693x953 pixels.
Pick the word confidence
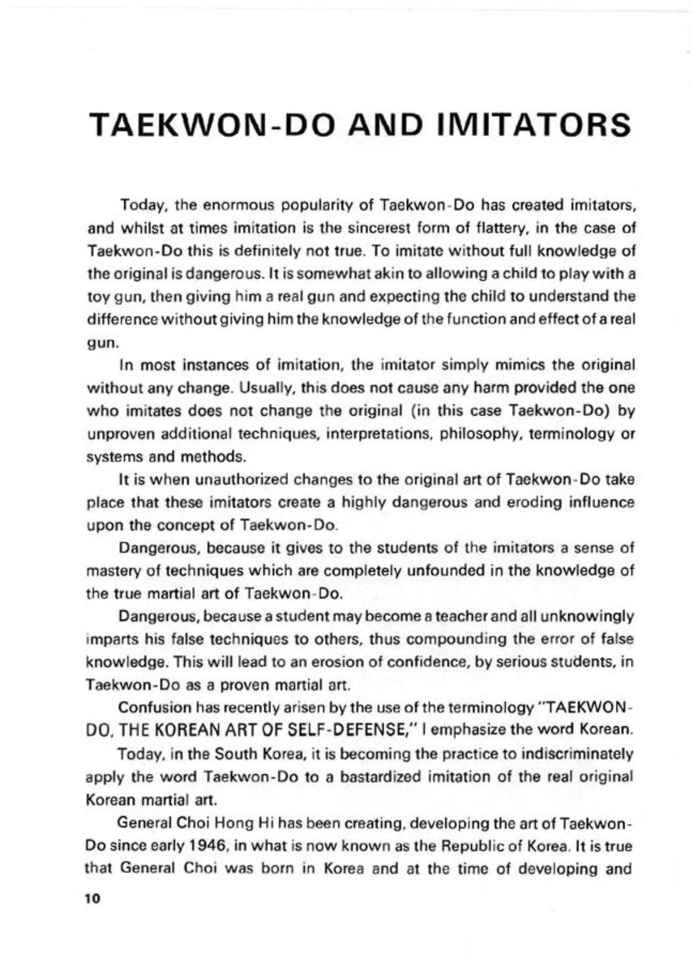point(346,663)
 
